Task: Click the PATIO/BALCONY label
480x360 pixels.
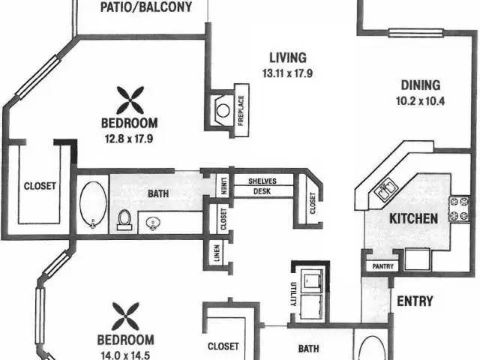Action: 146,7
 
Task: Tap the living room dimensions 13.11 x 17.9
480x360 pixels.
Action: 287,73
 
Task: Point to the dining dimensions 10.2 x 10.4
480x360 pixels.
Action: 420,101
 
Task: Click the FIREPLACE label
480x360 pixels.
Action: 241,110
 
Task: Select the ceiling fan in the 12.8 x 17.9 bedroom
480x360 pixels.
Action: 130,100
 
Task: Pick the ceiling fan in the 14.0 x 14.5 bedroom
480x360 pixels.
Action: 125,316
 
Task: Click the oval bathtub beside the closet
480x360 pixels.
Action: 93,205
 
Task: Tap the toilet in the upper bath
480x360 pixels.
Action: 124,220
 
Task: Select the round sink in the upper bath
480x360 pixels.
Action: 152,223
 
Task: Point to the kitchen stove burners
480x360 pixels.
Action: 459,209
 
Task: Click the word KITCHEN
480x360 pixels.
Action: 413,218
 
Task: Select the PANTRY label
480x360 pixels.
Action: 382,266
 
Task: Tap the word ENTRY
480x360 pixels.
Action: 415,301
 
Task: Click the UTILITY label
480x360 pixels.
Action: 293,294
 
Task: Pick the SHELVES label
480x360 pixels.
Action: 262,181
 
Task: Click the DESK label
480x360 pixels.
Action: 262,191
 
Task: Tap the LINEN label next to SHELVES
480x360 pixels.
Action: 224,186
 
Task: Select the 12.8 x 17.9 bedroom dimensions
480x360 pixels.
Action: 129,139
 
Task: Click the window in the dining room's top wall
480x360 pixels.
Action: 416,33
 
